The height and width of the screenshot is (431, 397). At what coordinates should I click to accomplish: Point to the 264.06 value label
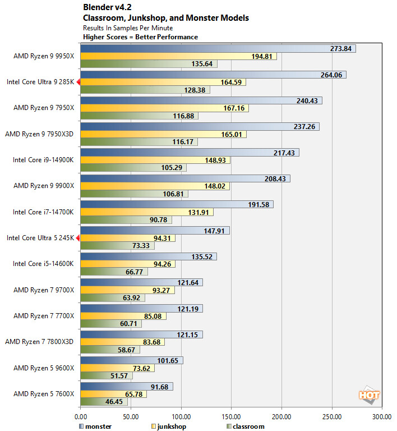[x=331, y=75]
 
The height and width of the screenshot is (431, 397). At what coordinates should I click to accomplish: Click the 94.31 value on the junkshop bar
[x=163, y=238]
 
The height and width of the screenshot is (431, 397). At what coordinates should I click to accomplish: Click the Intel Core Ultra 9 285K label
[x=40, y=82]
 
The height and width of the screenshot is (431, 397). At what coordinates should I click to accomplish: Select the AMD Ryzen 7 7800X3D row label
[x=39, y=341]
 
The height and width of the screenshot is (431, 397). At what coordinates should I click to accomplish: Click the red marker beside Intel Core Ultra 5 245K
[x=78, y=238]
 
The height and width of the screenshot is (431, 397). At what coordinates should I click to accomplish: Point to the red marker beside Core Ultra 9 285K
[x=78, y=82]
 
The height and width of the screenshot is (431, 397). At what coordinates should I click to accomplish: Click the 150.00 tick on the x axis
[x=231, y=417]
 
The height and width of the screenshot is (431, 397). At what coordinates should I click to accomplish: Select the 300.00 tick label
[x=382, y=417]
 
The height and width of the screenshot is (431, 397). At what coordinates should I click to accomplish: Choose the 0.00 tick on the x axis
[x=81, y=417]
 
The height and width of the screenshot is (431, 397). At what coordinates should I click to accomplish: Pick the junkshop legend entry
[x=169, y=427]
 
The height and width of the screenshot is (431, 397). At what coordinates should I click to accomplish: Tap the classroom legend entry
[x=247, y=427]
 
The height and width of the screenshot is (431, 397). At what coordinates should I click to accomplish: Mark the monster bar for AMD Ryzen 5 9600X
[x=131, y=360]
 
